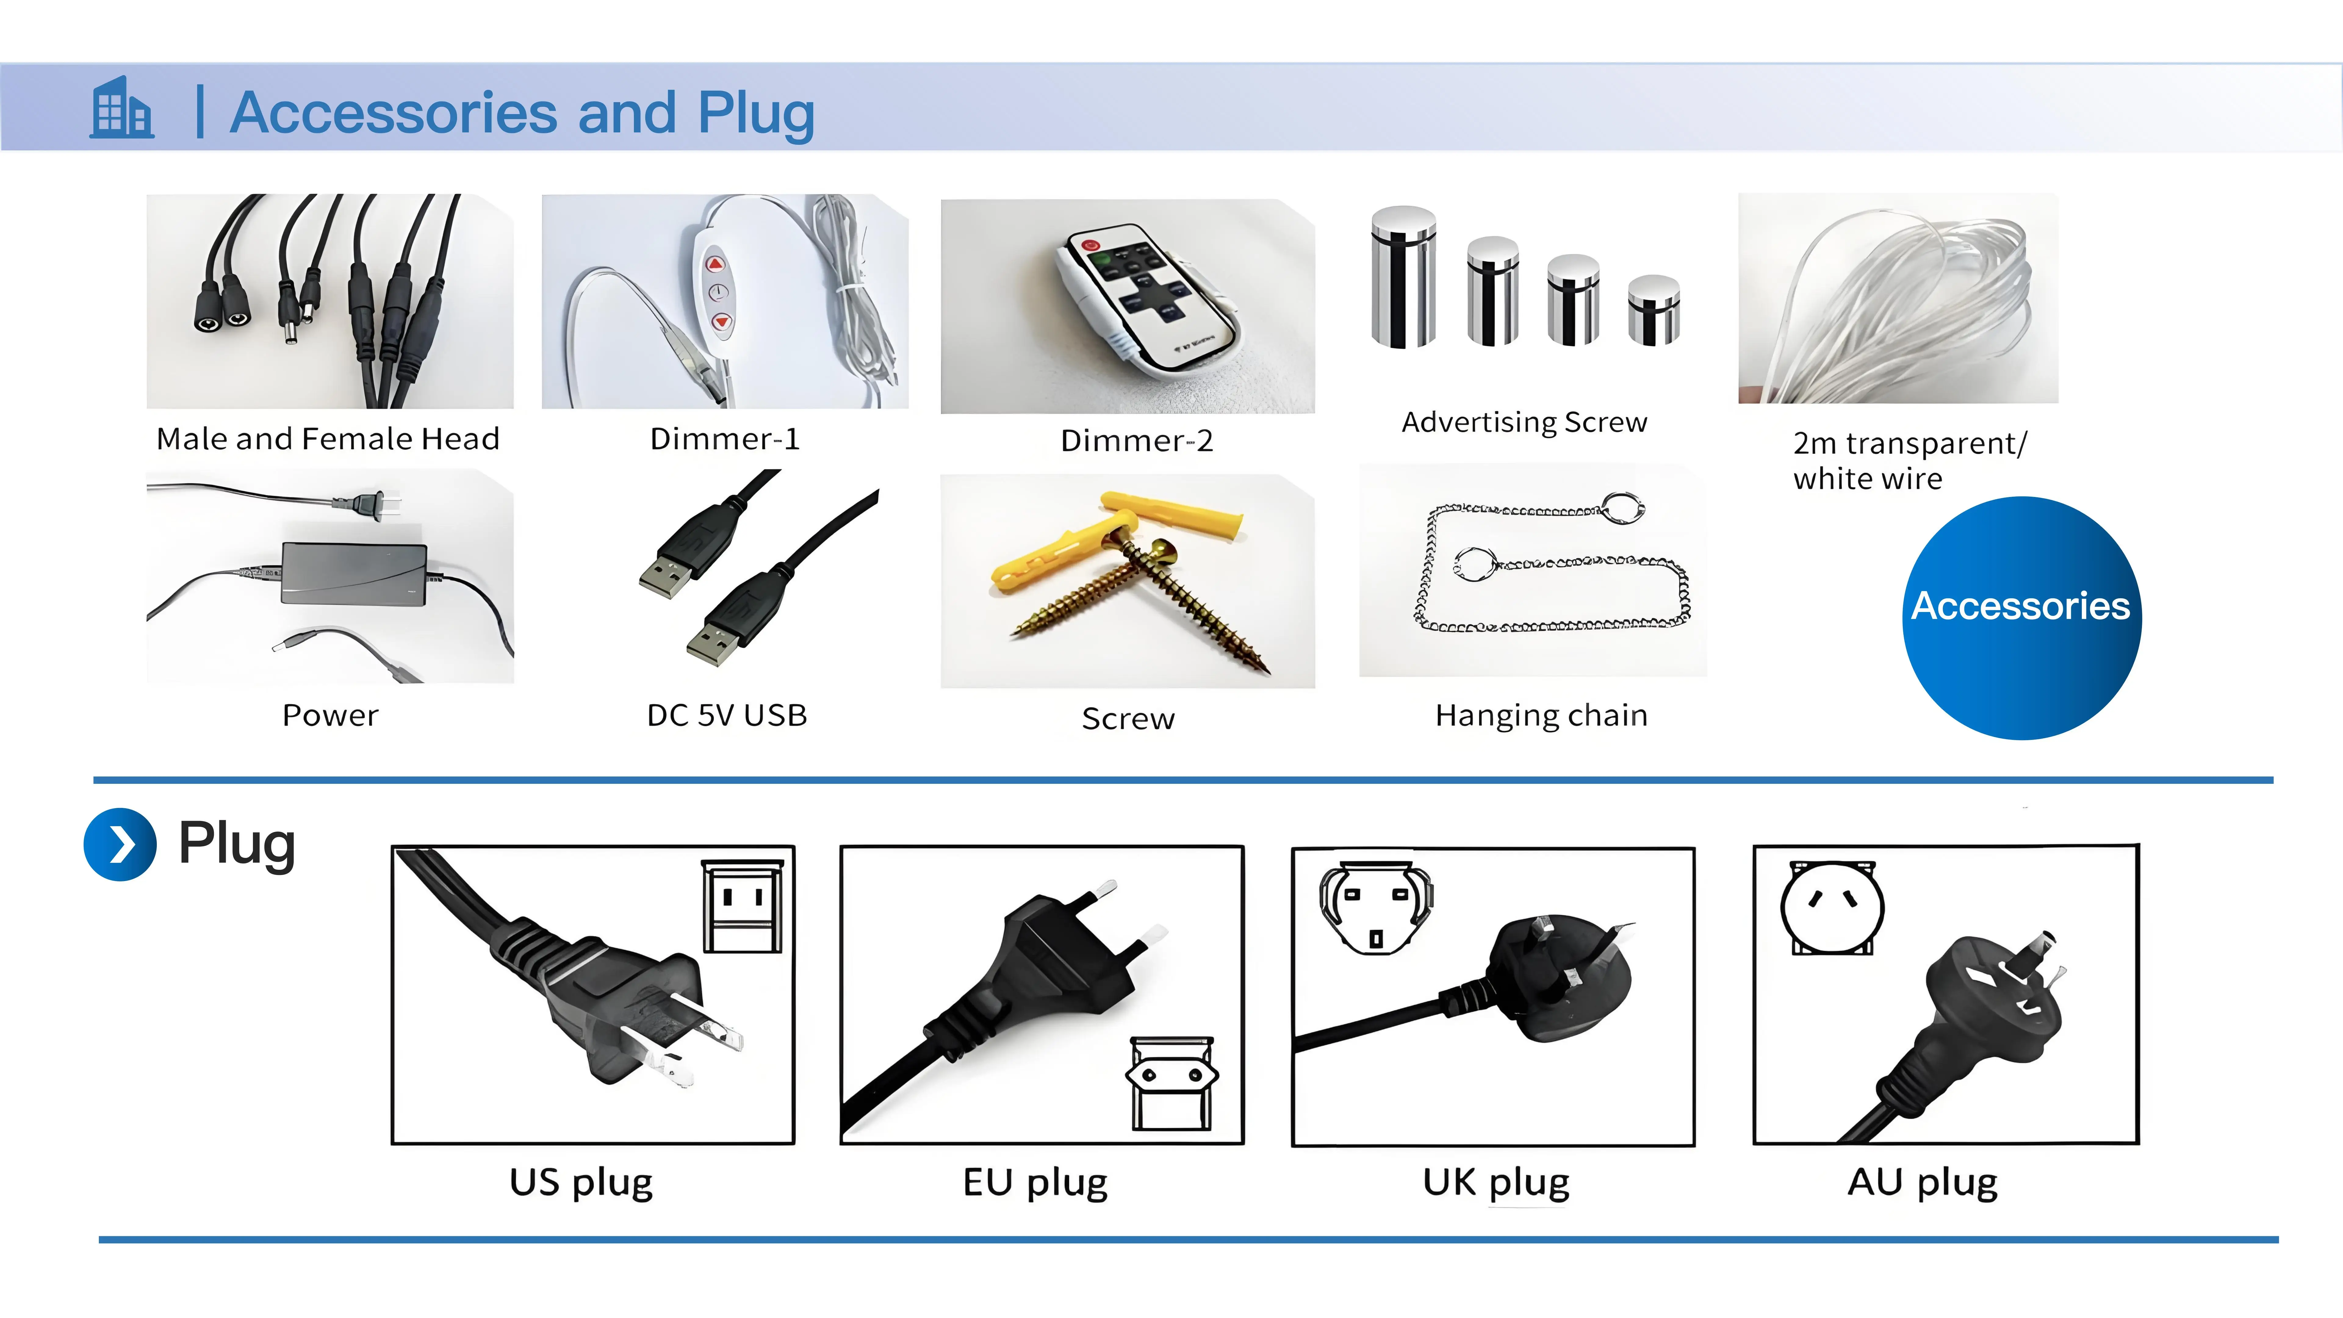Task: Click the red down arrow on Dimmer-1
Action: click(x=721, y=321)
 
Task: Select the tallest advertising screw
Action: click(x=1403, y=277)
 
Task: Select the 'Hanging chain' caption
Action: click(x=1541, y=716)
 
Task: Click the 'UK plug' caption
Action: click(x=1495, y=1183)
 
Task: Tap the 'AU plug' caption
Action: click(x=1922, y=1183)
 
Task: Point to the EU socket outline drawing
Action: click(x=1171, y=1082)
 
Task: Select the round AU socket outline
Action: click(x=1832, y=908)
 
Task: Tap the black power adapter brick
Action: click(x=353, y=573)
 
